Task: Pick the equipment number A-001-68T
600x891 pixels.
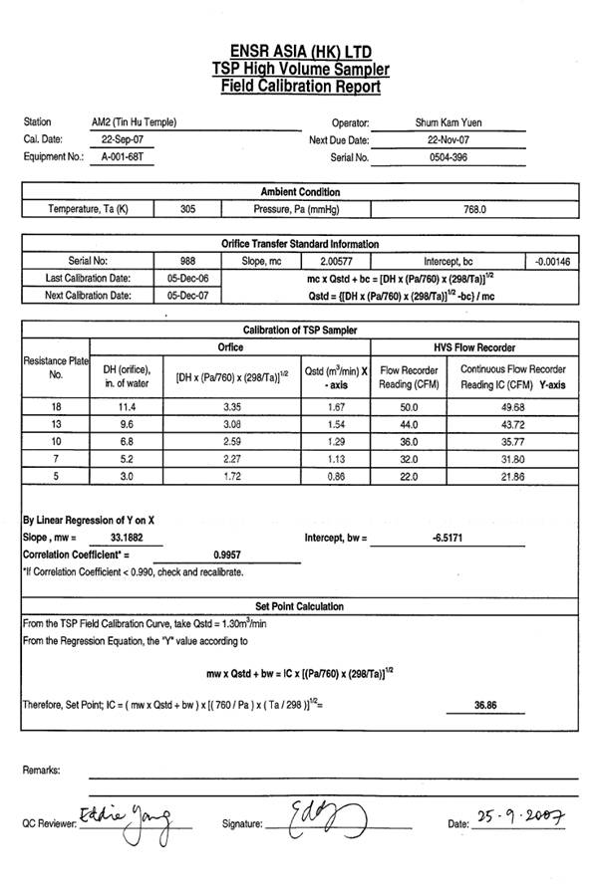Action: coord(122,157)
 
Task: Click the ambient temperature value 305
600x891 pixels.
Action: coord(188,209)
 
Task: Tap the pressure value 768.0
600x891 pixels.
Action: coord(474,209)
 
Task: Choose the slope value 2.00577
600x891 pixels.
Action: coord(329,261)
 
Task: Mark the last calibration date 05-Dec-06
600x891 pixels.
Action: coord(187,278)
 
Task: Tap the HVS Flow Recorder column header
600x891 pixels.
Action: coord(474,347)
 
